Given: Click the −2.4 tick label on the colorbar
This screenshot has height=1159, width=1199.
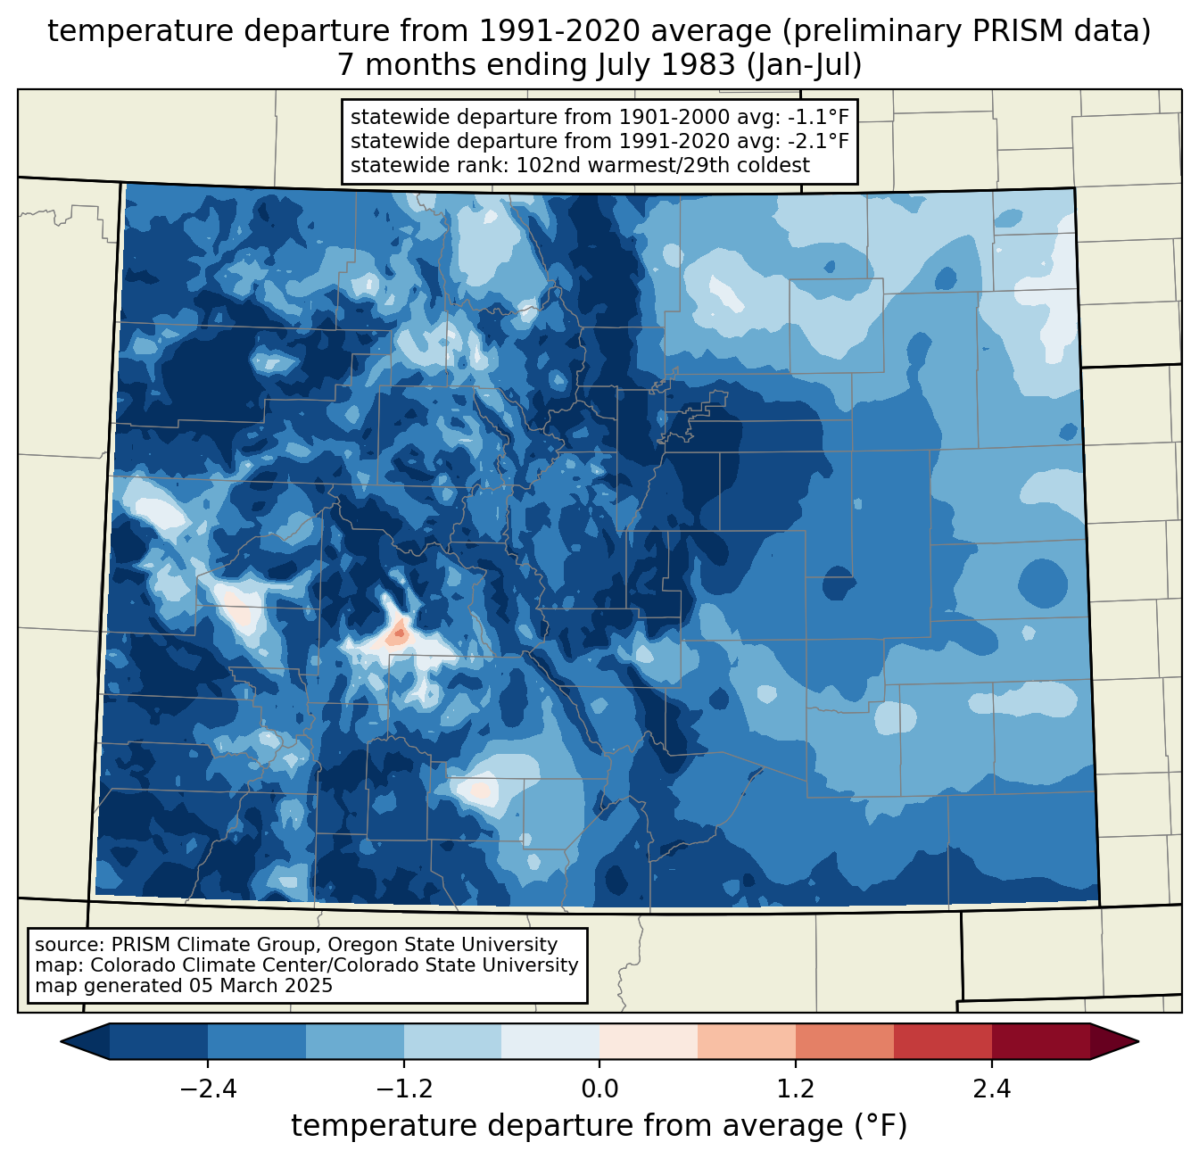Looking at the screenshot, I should point(208,1089).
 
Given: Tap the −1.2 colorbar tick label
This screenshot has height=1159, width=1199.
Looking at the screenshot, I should point(403,1089).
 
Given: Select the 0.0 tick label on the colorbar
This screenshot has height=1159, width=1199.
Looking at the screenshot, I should point(599,1089).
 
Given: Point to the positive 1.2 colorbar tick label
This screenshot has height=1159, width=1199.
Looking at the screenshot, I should point(795,1089).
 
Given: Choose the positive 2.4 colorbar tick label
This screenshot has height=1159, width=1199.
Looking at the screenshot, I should point(991,1089).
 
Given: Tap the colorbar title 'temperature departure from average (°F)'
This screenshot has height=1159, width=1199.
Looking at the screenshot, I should point(599,1126).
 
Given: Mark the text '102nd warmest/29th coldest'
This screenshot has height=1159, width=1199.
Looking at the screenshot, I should point(664,165).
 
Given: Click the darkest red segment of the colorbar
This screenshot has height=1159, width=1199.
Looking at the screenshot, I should point(1040,1041).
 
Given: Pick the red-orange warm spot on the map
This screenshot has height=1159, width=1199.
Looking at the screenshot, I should point(398,634).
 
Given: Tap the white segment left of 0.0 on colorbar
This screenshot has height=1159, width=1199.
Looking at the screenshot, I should point(550,1041).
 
